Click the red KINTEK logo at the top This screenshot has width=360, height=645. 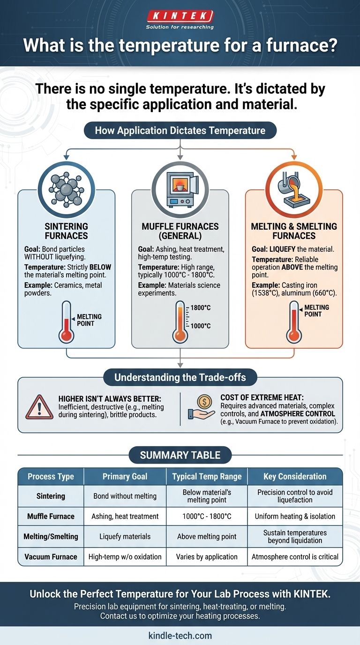click(x=180, y=16)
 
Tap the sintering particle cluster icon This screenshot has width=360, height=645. click(x=66, y=189)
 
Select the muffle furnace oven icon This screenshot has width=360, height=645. click(x=180, y=190)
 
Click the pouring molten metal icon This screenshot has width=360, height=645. click(x=294, y=190)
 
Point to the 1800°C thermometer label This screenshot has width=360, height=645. click(x=201, y=308)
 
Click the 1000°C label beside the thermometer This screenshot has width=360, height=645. click(x=201, y=326)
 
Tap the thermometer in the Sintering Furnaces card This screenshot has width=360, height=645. click(x=67, y=322)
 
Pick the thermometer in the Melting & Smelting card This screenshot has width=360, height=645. click(x=294, y=322)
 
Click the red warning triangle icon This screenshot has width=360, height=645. click(x=39, y=407)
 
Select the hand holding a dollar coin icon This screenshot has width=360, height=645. click(x=202, y=407)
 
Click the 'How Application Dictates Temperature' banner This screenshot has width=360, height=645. click(x=180, y=130)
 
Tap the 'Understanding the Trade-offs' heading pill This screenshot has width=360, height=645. click(x=180, y=377)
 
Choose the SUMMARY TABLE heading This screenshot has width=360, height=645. click(x=180, y=455)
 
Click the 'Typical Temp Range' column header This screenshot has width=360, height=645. click(x=207, y=477)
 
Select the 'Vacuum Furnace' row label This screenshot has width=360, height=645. click(x=51, y=556)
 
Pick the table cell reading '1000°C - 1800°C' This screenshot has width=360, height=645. click(x=207, y=516)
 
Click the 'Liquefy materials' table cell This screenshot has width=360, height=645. click(x=125, y=536)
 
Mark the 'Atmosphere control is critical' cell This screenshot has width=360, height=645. click(x=295, y=556)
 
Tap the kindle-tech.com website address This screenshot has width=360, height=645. click(x=180, y=636)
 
